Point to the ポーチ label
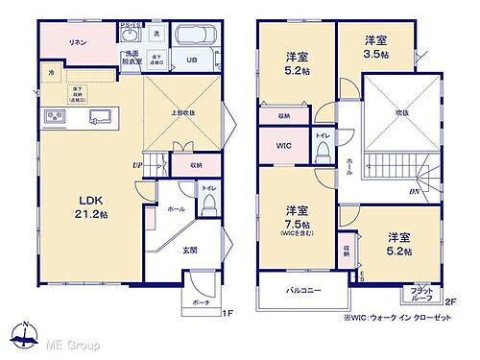[x=200, y=300]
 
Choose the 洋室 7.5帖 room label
[x=295, y=218]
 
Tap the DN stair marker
[x=413, y=192]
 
